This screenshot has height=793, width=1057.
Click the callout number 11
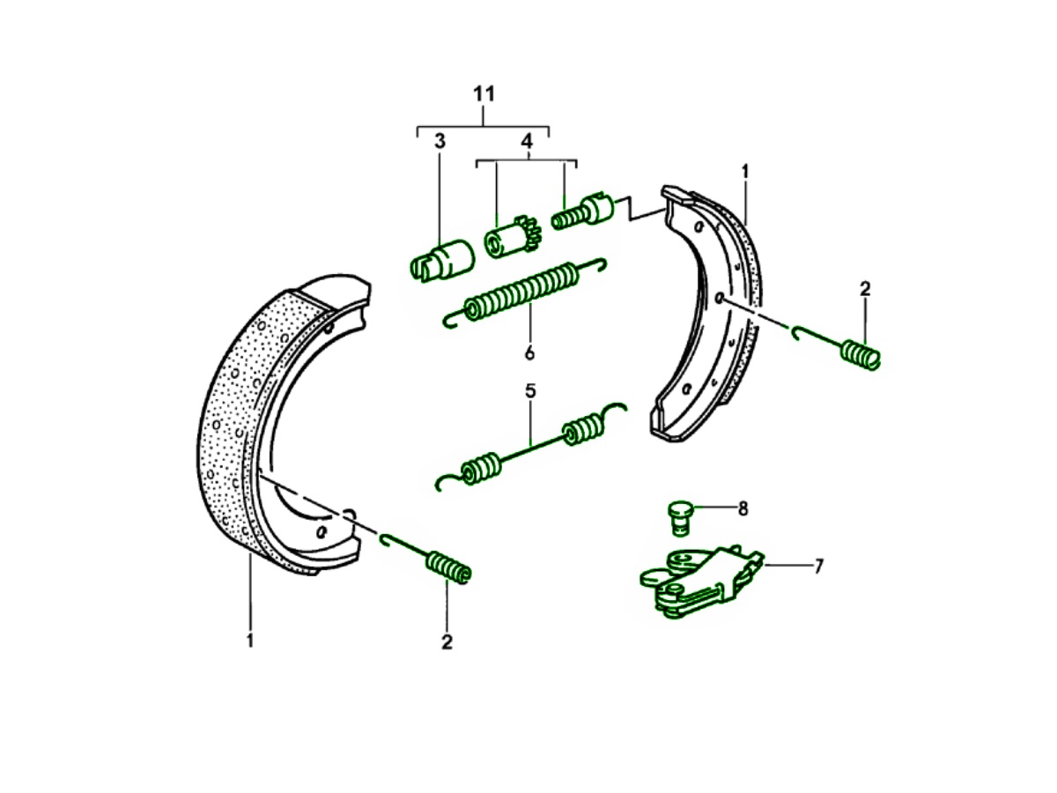click(x=484, y=94)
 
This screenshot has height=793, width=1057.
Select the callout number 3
click(x=440, y=141)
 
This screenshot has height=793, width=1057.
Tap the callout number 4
click(x=526, y=141)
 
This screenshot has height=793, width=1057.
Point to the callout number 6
click(x=529, y=352)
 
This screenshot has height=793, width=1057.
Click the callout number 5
click(x=530, y=390)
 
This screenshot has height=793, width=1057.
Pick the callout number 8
click(x=743, y=508)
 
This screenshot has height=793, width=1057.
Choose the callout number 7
click(x=818, y=566)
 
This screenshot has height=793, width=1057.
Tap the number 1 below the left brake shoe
click(x=250, y=641)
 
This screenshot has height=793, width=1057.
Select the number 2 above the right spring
click(x=864, y=288)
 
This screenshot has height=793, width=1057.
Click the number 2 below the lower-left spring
click(x=447, y=642)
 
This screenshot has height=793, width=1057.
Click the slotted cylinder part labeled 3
click(x=442, y=256)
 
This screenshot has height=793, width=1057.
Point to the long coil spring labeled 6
click(x=524, y=289)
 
